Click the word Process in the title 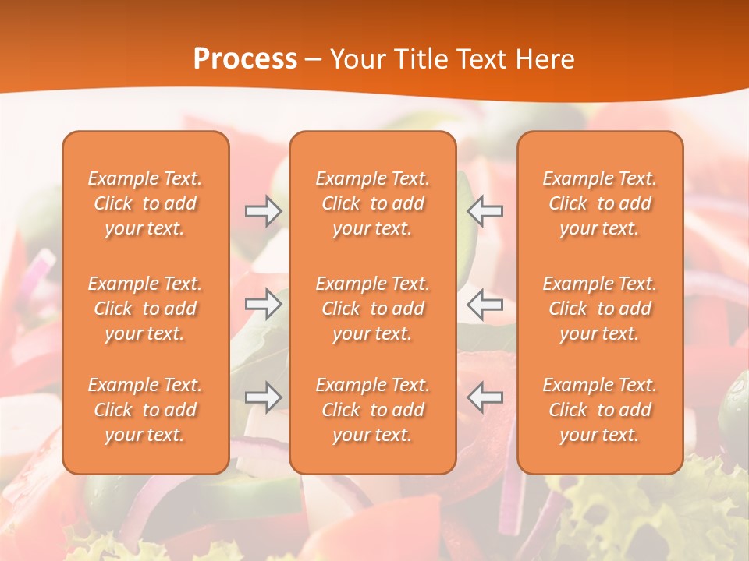pyautogui.click(x=245, y=59)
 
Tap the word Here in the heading pyautogui.click(x=545, y=59)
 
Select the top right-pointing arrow pyautogui.click(x=263, y=211)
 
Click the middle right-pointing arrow pyautogui.click(x=263, y=304)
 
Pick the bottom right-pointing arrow pyautogui.click(x=263, y=397)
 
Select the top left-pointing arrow pyautogui.click(x=485, y=211)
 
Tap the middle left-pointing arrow pyautogui.click(x=485, y=304)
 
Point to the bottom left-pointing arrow pyautogui.click(x=485, y=397)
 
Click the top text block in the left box pyautogui.click(x=145, y=203)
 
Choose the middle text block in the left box pyautogui.click(x=145, y=309)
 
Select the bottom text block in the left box pyautogui.click(x=145, y=410)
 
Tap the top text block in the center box pyautogui.click(x=373, y=203)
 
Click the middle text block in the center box pyautogui.click(x=373, y=309)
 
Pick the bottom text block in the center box pyautogui.click(x=373, y=410)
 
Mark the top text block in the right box pyautogui.click(x=600, y=203)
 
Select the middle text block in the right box pyautogui.click(x=600, y=309)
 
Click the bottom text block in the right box pyautogui.click(x=600, y=410)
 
